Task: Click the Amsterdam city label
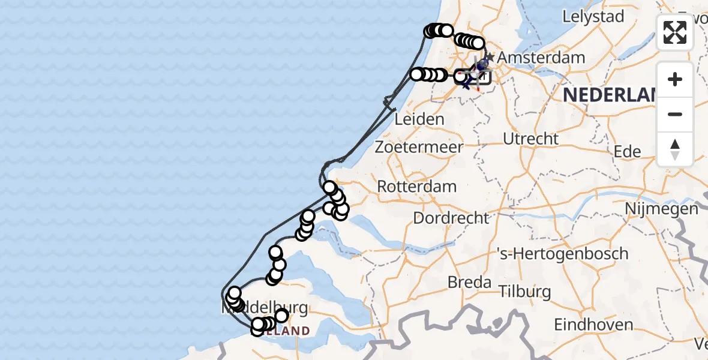click(x=541, y=58)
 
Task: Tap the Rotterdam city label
click(x=416, y=187)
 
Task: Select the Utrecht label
click(x=530, y=139)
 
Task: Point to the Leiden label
click(x=419, y=119)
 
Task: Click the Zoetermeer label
click(x=419, y=147)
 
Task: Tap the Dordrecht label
click(x=451, y=217)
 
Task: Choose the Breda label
click(x=470, y=282)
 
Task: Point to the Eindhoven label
click(x=593, y=325)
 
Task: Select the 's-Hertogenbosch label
click(x=562, y=254)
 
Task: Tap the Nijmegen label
click(x=661, y=209)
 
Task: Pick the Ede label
click(x=627, y=152)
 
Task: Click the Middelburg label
click(x=267, y=308)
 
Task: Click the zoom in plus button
click(x=675, y=79)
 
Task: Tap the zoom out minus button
click(x=675, y=114)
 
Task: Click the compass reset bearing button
click(x=675, y=149)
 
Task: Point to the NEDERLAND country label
click(x=609, y=95)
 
